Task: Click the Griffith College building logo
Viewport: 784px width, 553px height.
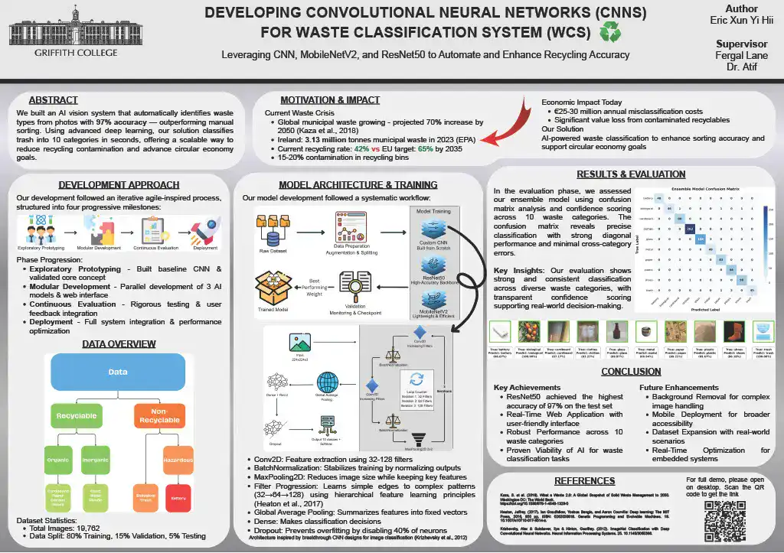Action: [64, 31]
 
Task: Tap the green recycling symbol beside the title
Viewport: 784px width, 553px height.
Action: [611, 32]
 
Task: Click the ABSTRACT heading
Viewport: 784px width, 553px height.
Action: [53, 100]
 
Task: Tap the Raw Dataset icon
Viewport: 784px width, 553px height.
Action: [273, 223]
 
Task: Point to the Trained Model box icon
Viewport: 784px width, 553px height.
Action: [272, 288]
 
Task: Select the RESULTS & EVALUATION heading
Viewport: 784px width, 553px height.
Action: [631, 174]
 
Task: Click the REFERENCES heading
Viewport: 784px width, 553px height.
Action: [584, 481]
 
